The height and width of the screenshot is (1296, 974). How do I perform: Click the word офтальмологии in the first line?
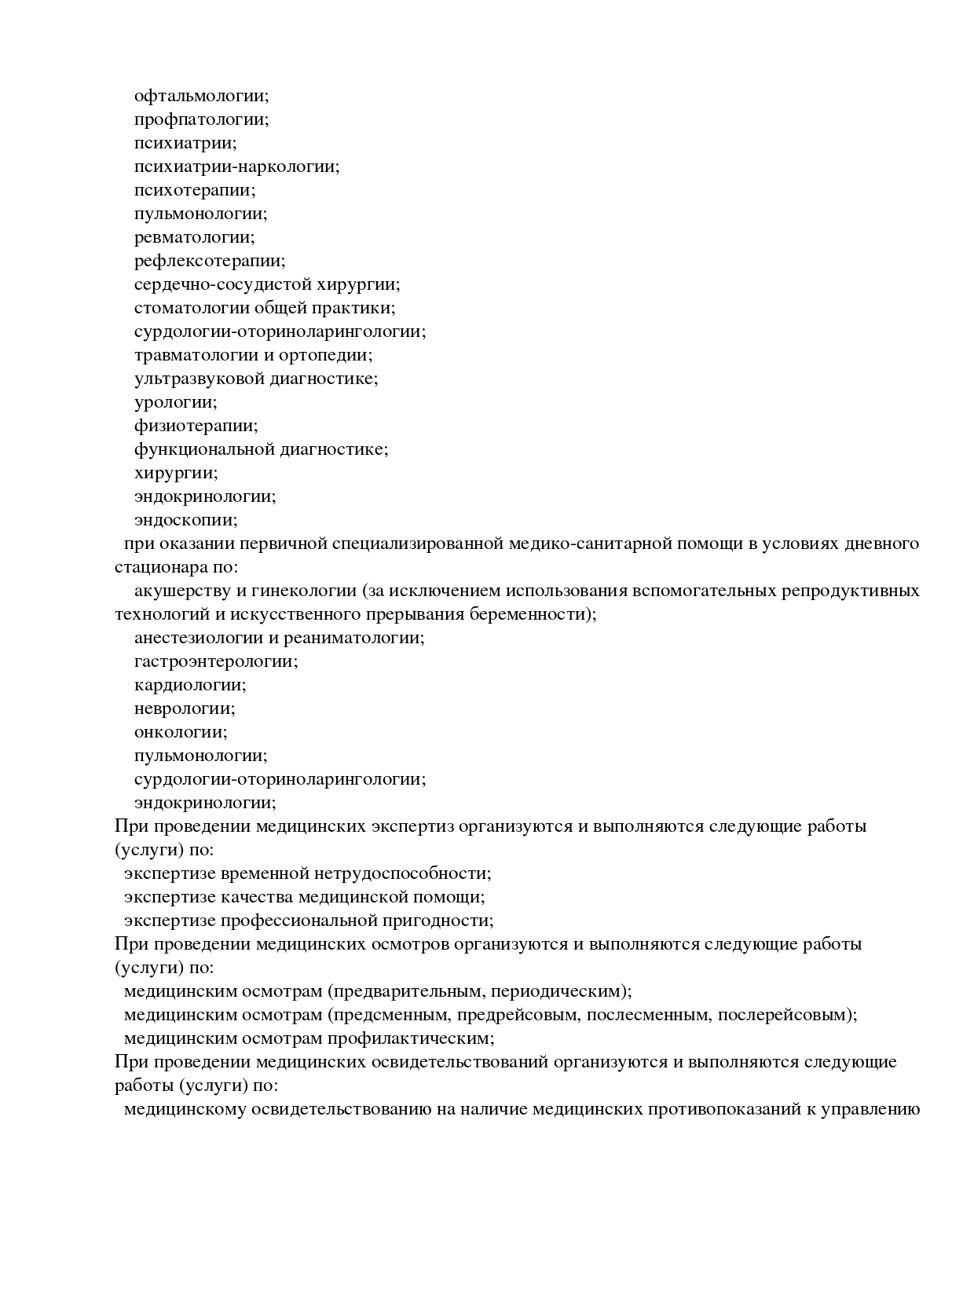201,96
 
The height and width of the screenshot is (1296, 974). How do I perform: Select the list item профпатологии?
201,119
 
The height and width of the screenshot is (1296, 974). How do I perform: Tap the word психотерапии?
195,190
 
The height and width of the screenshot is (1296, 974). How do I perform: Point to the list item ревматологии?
195,237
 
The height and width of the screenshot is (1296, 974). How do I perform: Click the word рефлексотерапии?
210,261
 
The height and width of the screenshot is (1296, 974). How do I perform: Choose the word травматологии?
193,355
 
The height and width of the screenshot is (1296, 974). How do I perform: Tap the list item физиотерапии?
196,426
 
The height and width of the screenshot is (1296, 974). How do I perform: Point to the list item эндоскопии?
185,520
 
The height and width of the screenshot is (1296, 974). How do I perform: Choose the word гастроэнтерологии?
216,661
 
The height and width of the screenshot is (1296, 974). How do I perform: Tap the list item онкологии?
181,732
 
